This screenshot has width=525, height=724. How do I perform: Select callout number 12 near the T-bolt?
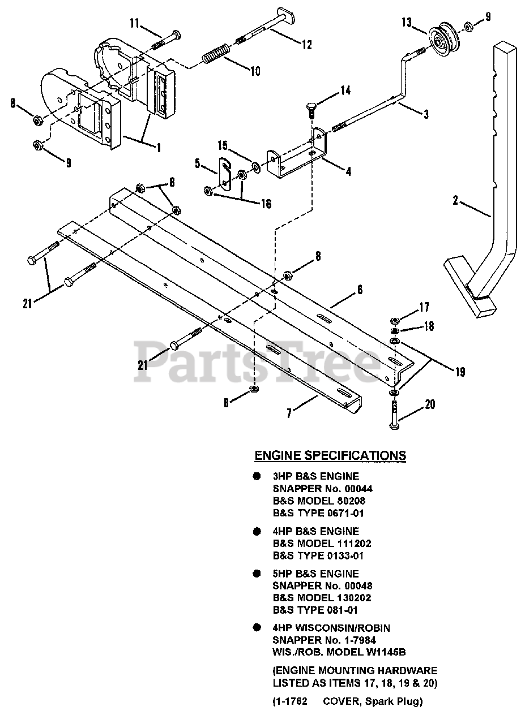[306, 45]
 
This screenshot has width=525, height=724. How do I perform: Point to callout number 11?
[134, 23]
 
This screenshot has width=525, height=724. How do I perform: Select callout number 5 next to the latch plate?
[197, 163]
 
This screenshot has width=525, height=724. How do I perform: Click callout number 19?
[460, 372]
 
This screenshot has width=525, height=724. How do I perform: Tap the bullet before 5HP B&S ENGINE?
[257, 574]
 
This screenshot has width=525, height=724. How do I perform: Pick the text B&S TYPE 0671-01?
[318, 513]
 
